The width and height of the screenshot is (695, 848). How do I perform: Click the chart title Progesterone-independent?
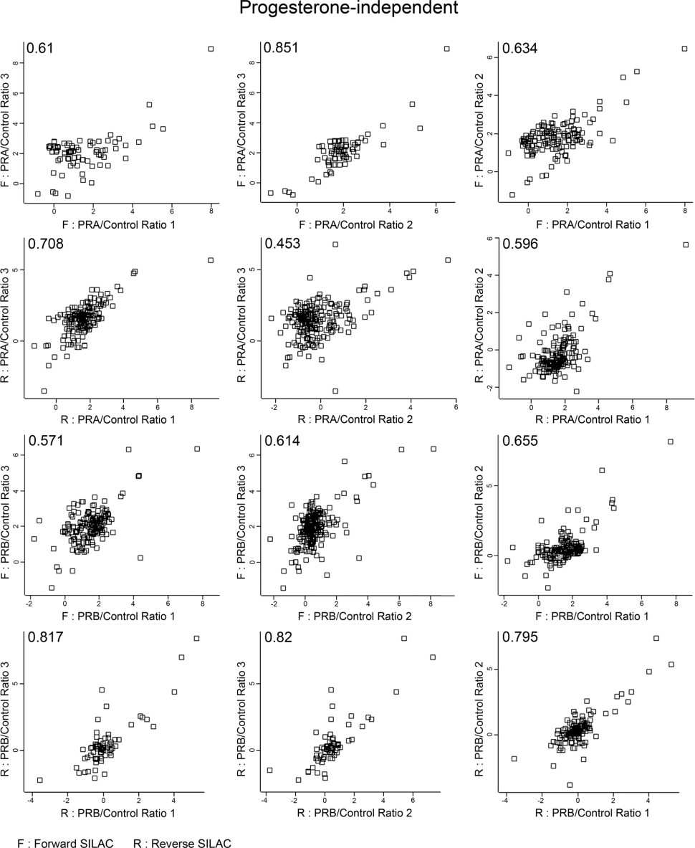pyautogui.click(x=347, y=10)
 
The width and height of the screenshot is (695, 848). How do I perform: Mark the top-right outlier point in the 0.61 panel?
pyautogui.click(x=211, y=49)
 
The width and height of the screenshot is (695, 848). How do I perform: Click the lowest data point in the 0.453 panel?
pyautogui.click(x=335, y=391)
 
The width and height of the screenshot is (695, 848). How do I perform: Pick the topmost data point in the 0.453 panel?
pyautogui.click(x=335, y=244)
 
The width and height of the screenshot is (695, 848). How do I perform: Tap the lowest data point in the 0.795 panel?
pyautogui.click(x=570, y=785)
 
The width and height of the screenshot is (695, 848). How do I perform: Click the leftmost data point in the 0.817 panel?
pyautogui.click(x=40, y=780)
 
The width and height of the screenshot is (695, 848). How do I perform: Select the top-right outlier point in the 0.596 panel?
pyautogui.click(x=685, y=244)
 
